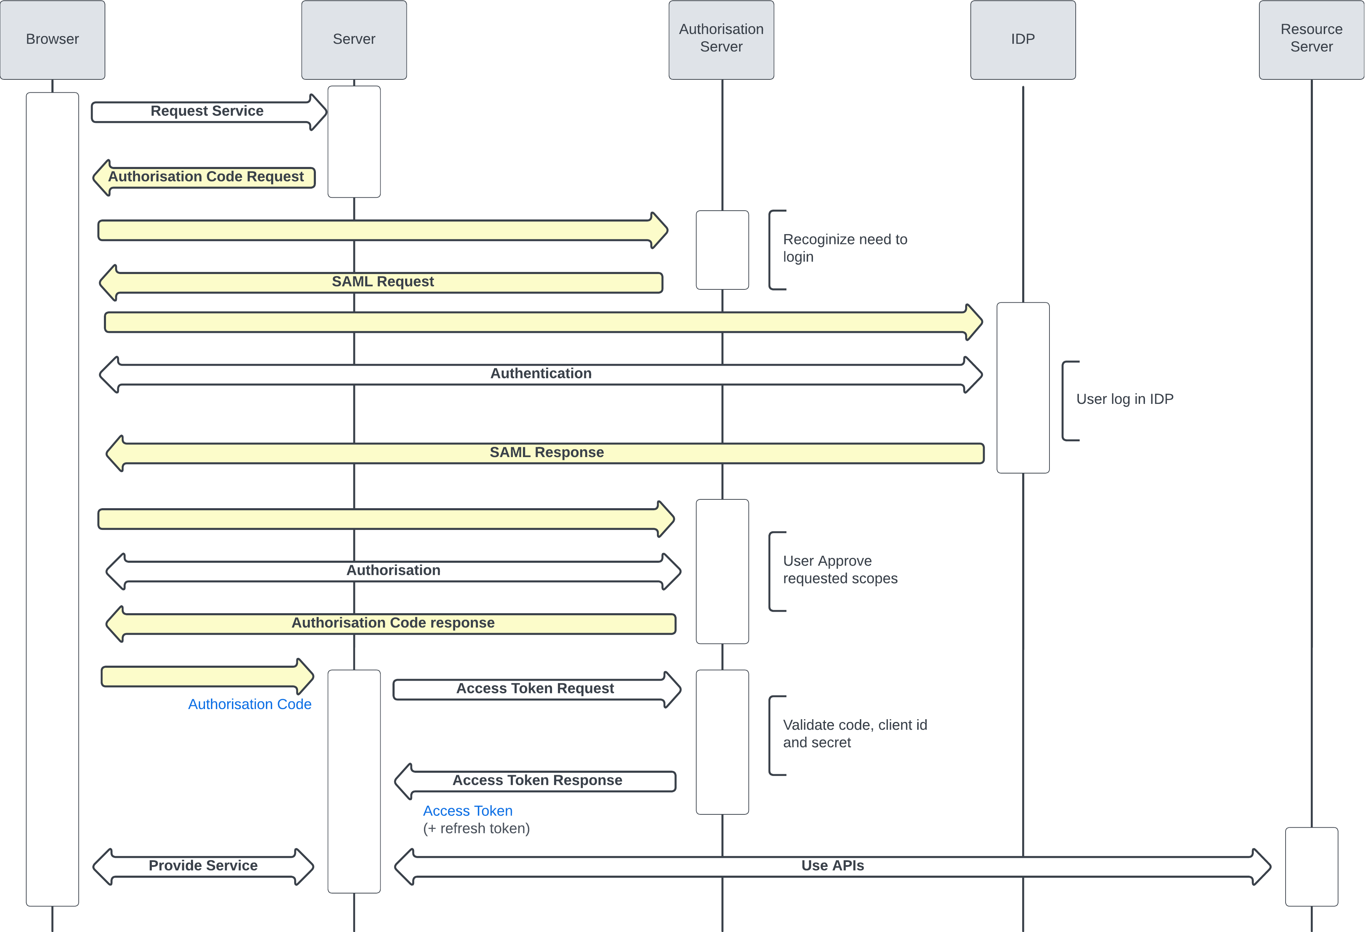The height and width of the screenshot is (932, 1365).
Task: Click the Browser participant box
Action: click(52, 39)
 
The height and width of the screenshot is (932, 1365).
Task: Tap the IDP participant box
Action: click(1023, 39)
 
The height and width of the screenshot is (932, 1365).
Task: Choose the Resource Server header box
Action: click(1311, 39)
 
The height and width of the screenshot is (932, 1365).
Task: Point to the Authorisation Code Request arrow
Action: click(206, 177)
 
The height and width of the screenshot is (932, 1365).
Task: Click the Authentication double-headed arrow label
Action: click(540, 374)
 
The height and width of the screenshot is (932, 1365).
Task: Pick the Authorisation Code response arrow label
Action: click(392, 623)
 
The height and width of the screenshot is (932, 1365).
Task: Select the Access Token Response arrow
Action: click(537, 780)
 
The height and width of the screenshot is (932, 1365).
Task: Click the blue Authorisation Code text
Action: click(250, 705)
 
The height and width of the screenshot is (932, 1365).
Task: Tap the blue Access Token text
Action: click(467, 811)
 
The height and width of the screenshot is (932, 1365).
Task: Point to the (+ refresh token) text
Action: click(476, 828)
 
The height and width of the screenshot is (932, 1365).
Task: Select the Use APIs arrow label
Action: click(832, 866)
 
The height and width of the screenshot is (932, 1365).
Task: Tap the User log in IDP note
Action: click(1124, 400)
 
